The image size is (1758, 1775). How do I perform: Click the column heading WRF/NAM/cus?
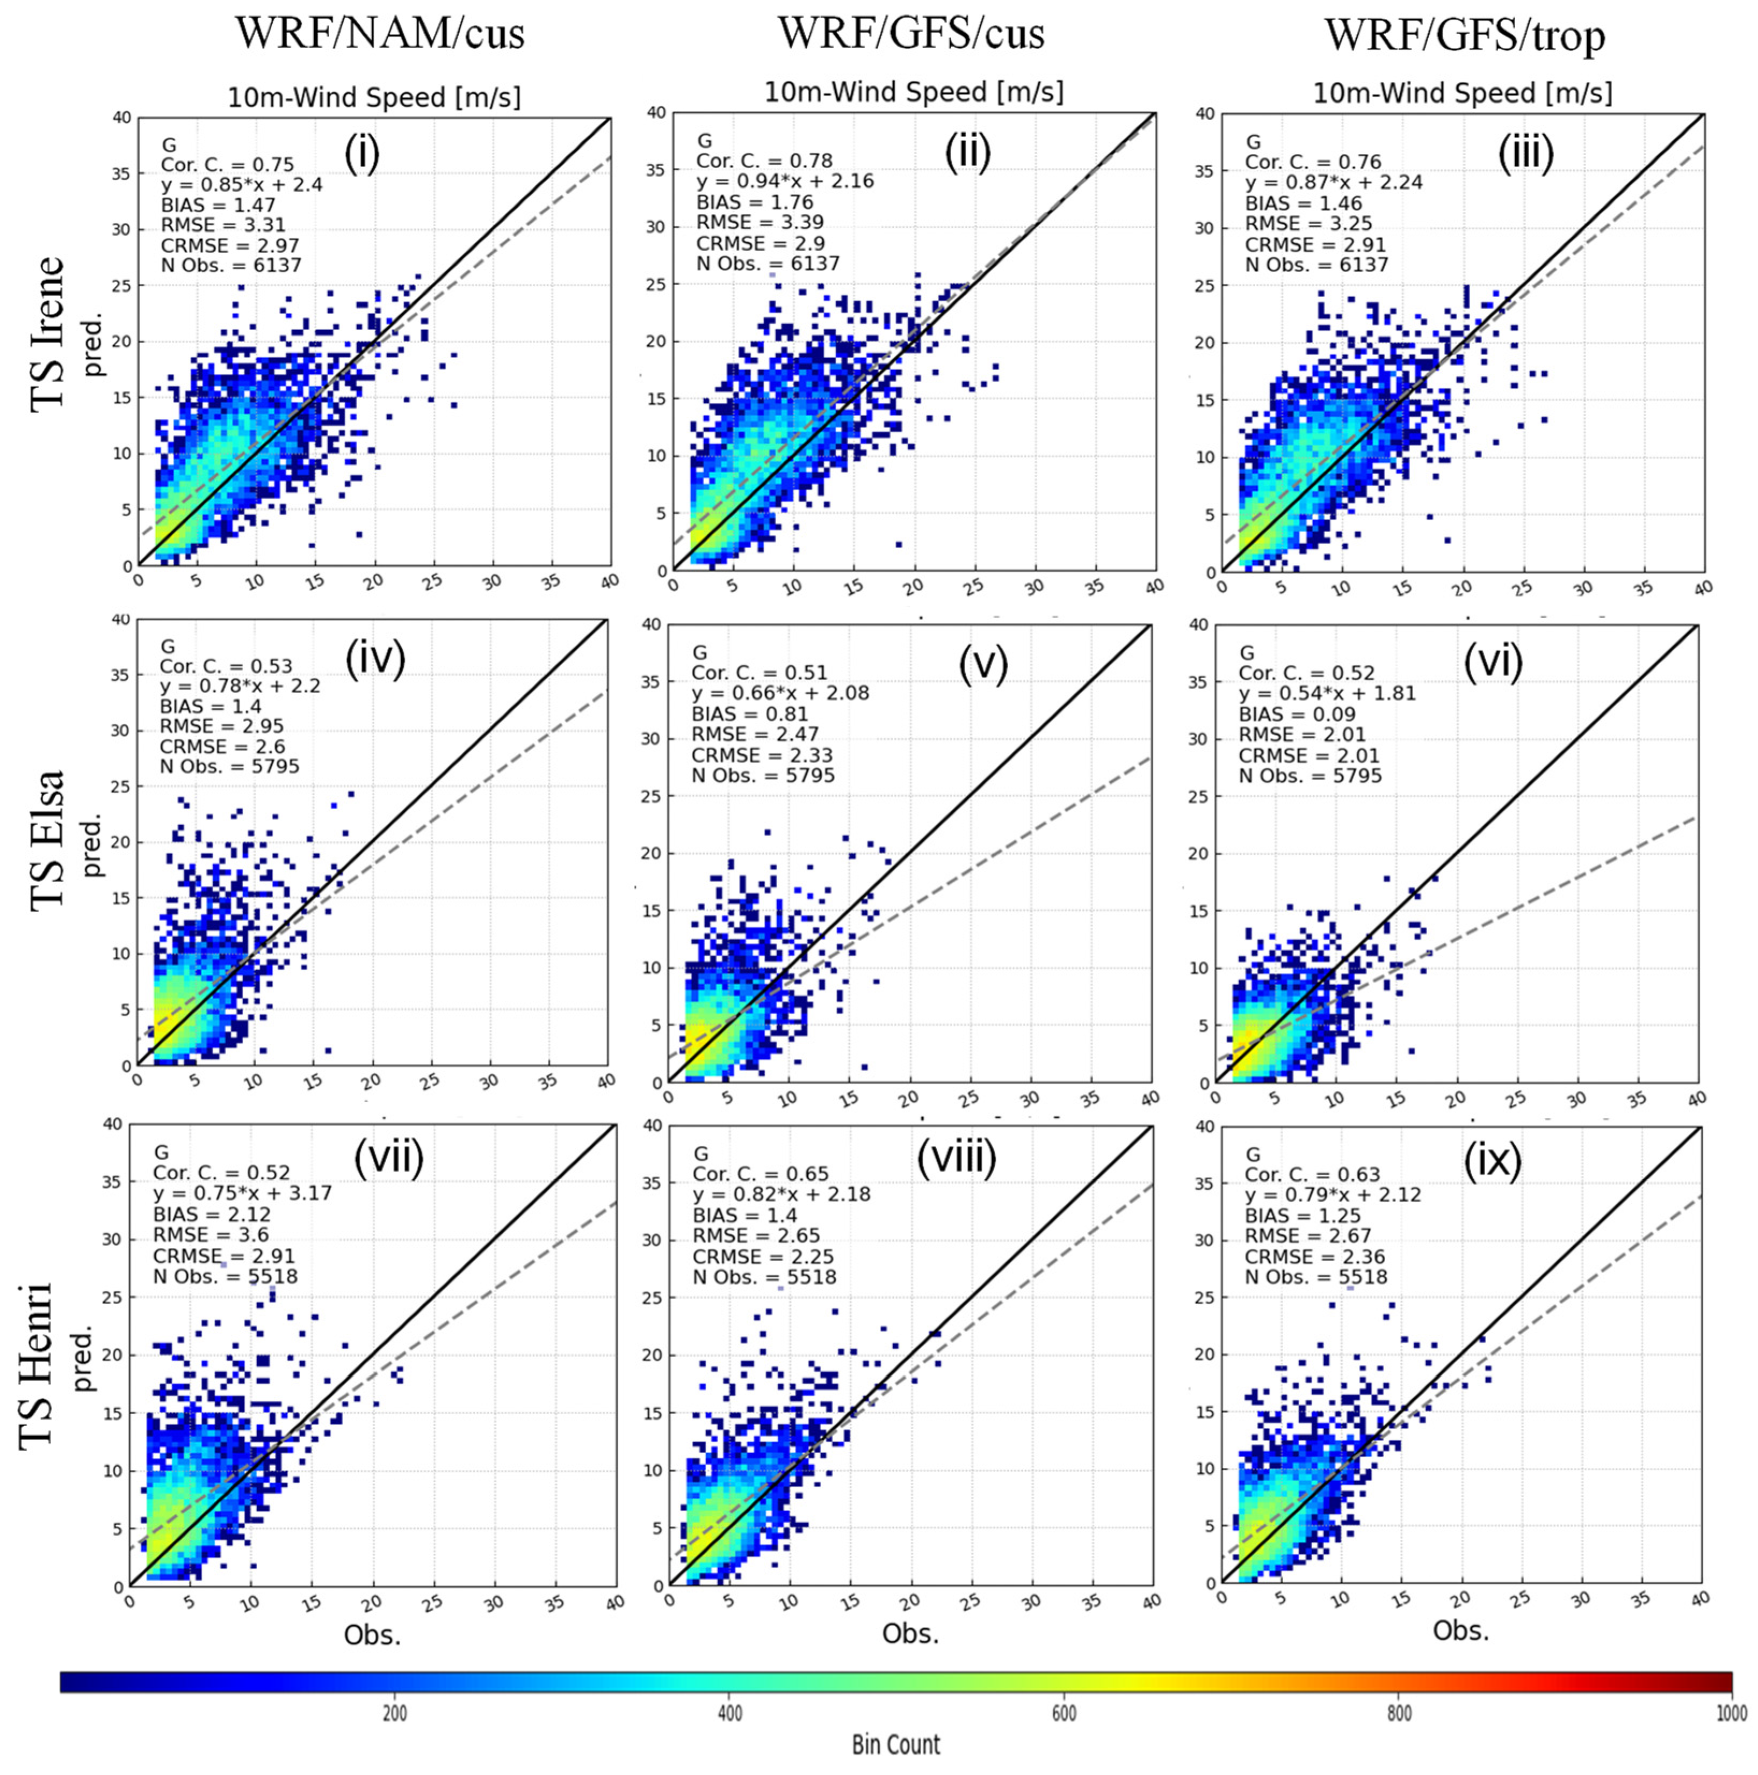point(380,34)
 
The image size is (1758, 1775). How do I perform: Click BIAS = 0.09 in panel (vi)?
point(1297,714)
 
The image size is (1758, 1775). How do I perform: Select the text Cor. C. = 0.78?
point(764,161)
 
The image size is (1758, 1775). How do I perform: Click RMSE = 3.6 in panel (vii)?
point(211,1235)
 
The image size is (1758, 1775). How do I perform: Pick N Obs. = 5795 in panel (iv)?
point(230,766)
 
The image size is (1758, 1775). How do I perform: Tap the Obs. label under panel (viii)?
point(910,1633)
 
